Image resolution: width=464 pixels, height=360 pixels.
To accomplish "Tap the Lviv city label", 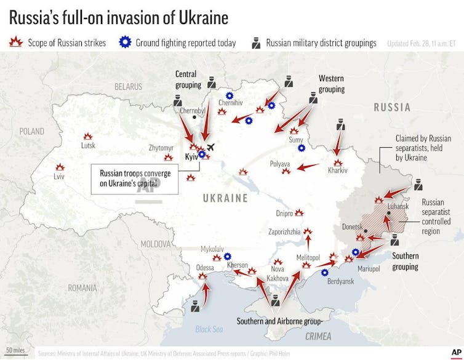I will click(59, 177).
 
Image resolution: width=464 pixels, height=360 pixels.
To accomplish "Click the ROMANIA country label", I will click(82, 287).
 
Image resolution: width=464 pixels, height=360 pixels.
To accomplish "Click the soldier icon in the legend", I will click(255, 43).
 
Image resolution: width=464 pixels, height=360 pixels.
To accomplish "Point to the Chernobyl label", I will click(192, 111).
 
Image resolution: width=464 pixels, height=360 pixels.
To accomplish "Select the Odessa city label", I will click(205, 268).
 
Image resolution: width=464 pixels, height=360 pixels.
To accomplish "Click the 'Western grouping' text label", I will click(332, 84).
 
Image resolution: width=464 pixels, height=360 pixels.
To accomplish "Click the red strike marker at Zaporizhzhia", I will click(308, 231).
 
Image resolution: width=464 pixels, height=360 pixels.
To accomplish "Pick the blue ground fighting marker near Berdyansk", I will click(325, 271).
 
